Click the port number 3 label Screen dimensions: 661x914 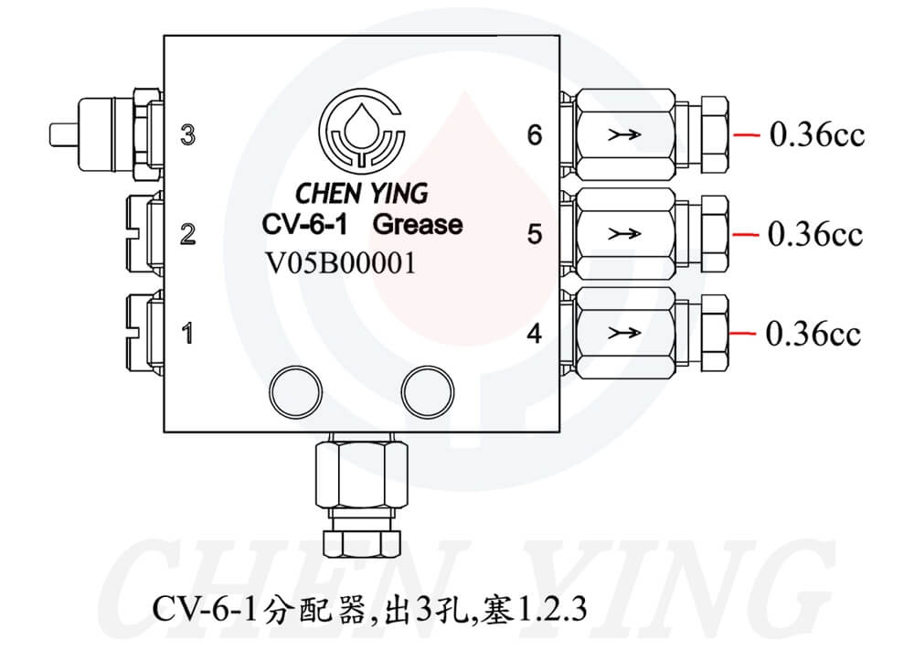coord(187,136)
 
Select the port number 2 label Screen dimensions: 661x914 coord(187,234)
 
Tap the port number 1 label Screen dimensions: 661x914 coord(187,334)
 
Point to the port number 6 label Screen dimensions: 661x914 coord(535,135)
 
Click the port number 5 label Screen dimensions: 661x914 coord(535,234)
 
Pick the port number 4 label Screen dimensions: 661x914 coord(535,334)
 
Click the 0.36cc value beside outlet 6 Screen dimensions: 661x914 coord(816,136)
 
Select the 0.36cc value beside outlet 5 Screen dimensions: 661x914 coord(815,235)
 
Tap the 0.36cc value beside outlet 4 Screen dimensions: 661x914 coord(813,334)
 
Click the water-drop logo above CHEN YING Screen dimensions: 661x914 coord(362,132)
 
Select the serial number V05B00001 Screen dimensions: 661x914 coord(340,263)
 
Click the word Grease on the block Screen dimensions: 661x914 coord(419,224)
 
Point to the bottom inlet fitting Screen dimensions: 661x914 coord(357,494)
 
